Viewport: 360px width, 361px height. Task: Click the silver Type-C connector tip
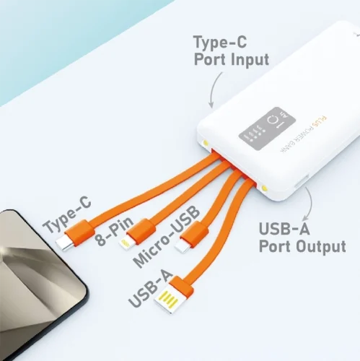(x=65, y=243)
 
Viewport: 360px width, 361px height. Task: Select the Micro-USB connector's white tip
(x=183, y=247)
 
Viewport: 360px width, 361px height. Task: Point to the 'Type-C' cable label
(x=67, y=214)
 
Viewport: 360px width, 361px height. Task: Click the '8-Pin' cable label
(x=114, y=231)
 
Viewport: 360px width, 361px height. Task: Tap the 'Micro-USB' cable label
(x=167, y=237)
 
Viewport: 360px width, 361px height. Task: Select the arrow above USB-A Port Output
(x=308, y=203)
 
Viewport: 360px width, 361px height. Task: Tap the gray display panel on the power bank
(x=267, y=129)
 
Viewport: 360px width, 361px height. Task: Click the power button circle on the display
(x=274, y=121)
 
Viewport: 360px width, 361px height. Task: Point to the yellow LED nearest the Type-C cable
(x=206, y=143)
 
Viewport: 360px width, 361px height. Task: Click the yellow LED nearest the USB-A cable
(x=265, y=188)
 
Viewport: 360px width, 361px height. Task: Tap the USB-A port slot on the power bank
(x=302, y=181)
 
